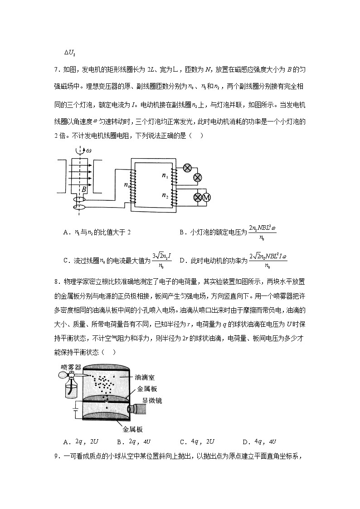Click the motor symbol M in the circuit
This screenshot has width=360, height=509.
[207, 197]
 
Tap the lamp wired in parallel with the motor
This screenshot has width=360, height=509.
[198, 197]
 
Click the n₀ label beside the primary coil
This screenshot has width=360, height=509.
[126, 184]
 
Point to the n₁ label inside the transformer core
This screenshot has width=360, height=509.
[165, 175]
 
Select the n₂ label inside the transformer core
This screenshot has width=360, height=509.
[165, 195]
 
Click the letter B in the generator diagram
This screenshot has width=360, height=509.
[84, 189]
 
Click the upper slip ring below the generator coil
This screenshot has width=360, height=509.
[79, 199]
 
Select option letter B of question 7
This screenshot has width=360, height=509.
[182, 232]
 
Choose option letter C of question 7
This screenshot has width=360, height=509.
[66, 260]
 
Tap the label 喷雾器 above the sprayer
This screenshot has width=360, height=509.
[70, 367]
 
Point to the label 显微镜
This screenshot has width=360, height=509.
[152, 401]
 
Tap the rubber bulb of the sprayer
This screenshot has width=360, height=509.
[63, 375]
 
